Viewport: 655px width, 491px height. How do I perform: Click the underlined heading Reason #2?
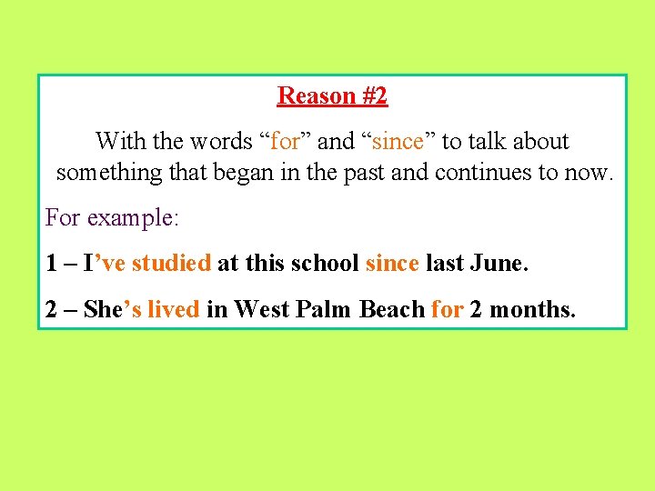point(332,95)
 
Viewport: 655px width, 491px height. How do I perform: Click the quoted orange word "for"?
point(285,142)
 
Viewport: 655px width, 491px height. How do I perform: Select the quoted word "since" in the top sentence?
point(398,142)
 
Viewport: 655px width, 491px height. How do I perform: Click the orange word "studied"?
point(171,264)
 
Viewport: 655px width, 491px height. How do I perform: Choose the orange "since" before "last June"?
point(391,264)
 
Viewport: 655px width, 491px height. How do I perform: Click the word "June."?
point(500,264)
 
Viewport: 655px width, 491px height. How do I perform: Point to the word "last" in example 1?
point(444,264)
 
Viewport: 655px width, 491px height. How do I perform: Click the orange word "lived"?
point(173,309)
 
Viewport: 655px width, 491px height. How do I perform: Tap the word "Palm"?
point(325,309)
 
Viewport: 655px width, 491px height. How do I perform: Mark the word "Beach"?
point(392,309)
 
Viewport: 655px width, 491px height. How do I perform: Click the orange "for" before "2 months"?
point(447,309)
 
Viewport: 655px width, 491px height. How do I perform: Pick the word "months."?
point(533,309)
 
